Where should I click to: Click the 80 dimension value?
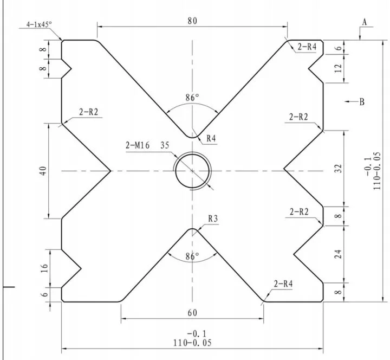(192, 21)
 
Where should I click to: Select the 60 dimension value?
(192, 313)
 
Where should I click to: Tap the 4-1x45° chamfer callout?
(38, 24)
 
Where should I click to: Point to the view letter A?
(365, 22)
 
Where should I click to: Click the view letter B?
(362, 101)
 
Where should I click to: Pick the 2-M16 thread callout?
(138, 145)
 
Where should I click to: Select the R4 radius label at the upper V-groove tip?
(211, 139)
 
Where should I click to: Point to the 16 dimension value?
(44, 267)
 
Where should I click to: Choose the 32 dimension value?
(339, 168)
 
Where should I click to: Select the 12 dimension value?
(339, 68)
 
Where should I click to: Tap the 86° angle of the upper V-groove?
(192, 98)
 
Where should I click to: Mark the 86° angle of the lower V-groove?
(192, 255)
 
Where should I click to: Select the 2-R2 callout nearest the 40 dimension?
(88, 112)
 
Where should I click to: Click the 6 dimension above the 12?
(339, 48)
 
